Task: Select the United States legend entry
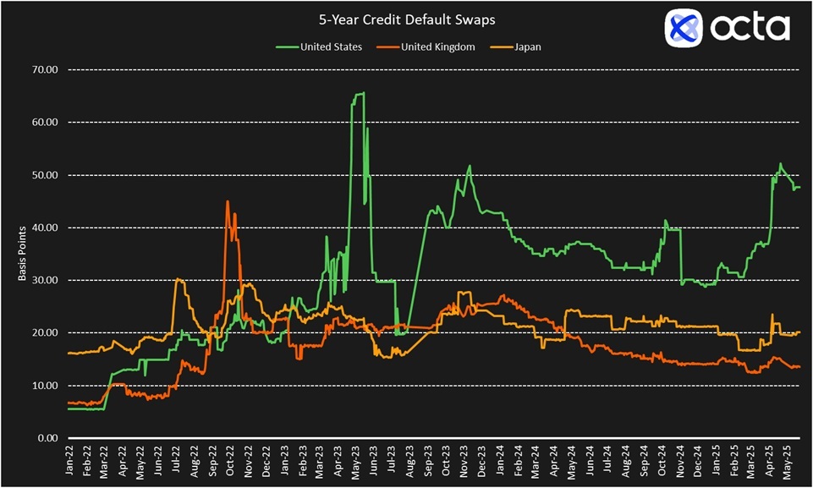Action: [331, 47]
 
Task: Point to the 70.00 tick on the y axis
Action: [42, 70]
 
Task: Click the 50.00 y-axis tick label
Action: [42, 175]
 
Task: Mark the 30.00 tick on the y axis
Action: [42, 281]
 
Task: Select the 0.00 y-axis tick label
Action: [45, 439]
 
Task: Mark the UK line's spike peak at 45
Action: [227, 201]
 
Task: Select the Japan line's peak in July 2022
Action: [178, 279]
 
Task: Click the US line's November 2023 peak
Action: [469, 166]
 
